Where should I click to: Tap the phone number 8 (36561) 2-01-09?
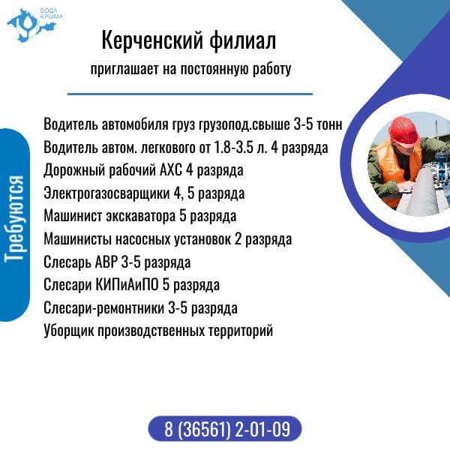coord(226,430)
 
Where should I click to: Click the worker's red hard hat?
coord(406,133)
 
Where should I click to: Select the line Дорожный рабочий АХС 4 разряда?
coord(143,171)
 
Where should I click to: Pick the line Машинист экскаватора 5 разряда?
coord(140,217)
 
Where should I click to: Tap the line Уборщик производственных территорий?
coord(157,331)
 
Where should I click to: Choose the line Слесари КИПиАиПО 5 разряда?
coord(131,285)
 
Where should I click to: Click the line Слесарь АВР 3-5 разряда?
coord(117,262)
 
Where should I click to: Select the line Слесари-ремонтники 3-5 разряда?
coord(140,308)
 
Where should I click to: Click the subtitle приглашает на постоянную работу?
coord(190,70)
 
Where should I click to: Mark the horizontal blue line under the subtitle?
coord(190,94)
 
